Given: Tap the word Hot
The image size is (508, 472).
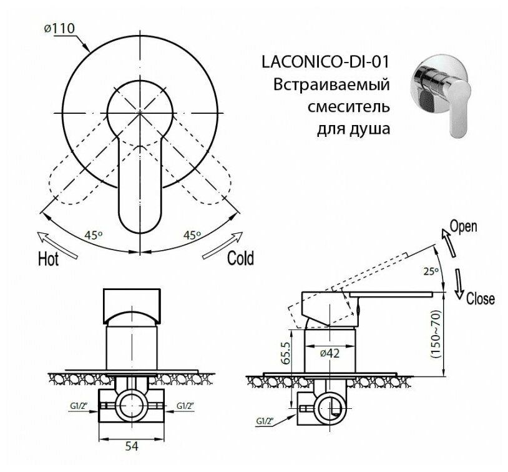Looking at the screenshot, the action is (49, 258).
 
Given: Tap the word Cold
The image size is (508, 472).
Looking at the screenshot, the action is (240, 258).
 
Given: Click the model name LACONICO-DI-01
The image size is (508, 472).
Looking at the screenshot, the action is (323, 62).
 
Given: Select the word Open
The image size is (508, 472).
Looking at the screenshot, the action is (463, 226).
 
